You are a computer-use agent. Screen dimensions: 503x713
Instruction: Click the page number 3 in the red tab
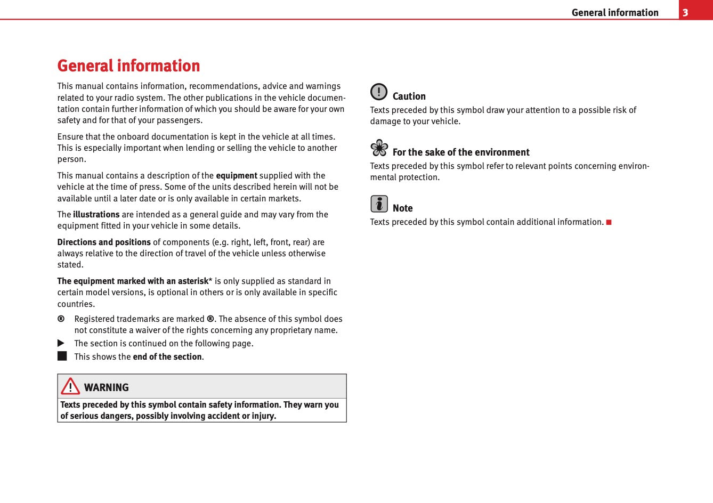click(x=685, y=12)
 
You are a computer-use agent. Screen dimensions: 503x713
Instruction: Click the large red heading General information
click(x=128, y=66)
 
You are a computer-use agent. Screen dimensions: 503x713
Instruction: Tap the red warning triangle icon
click(x=70, y=386)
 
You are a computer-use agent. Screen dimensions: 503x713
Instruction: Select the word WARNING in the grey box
click(x=106, y=387)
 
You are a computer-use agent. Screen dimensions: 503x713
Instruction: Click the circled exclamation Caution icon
click(x=379, y=92)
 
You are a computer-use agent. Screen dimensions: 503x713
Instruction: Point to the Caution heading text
click(x=409, y=96)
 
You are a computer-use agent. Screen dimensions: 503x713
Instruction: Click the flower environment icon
click(x=379, y=148)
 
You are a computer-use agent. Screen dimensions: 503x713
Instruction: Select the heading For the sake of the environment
click(x=460, y=152)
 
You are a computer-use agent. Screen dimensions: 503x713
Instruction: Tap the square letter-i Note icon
click(x=379, y=204)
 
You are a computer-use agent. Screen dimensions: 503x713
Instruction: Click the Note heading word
click(x=402, y=208)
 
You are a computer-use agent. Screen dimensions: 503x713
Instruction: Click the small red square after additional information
click(x=609, y=222)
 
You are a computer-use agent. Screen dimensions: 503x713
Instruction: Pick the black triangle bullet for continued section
click(x=61, y=343)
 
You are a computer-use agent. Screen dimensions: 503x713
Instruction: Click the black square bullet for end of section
click(x=62, y=356)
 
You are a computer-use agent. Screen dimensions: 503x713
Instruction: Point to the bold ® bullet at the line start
click(x=61, y=319)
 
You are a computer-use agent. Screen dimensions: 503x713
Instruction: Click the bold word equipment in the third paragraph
click(x=236, y=176)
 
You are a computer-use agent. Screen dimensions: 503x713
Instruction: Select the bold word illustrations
click(x=96, y=215)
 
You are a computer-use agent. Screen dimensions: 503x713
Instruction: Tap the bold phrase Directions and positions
click(x=104, y=242)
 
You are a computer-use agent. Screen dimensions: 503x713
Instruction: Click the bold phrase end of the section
click(x=167, y=357)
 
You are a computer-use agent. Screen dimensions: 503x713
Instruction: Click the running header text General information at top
click(x=614, y=12)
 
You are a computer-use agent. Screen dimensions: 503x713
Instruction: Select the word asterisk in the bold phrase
click(x=192, y=281)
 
